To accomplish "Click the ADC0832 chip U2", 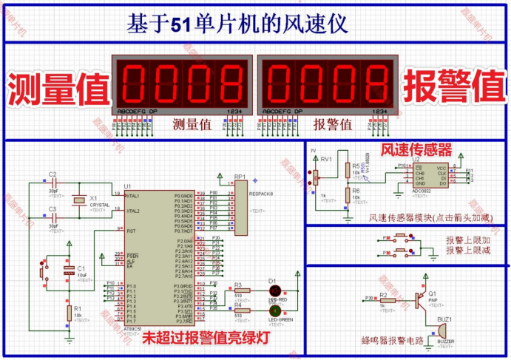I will [430, 176].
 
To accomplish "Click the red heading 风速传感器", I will [416, 149].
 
